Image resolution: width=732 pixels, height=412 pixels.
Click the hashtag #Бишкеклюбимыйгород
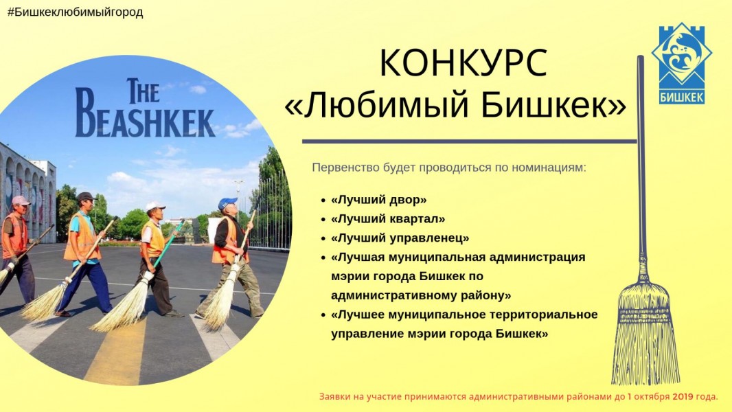pyautogui.click(x=75, y=12)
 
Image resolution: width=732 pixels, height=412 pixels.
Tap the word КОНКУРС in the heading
pyautogui.click(x=463, y=63)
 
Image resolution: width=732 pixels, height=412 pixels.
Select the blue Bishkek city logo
pyautogui.click(x=682, y=63)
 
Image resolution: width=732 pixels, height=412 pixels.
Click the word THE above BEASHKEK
pyautogui.click(x=143, y=91)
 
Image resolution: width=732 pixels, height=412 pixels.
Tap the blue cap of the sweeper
pyautogui.click(x=227, y=203)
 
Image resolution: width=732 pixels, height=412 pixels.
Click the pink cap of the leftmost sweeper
pyautogui.click(x=21, y=201)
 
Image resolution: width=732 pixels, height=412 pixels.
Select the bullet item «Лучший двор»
pyautogui.click(x=378, y=200)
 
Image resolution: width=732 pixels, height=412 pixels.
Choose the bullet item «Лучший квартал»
pyautogui.click(x=388, y=219)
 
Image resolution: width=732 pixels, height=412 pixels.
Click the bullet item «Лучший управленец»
pyautogui.click(x=400, y=238)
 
